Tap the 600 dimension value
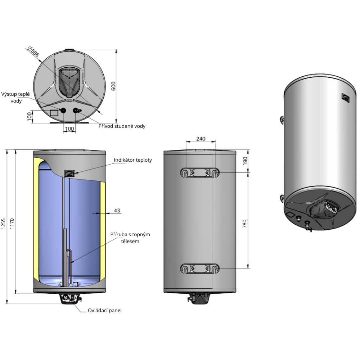click(113, 86)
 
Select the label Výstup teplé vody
click(15, 97)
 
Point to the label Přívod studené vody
click(122, 126)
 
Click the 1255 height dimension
click(4, 224)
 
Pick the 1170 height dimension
click(12, 224)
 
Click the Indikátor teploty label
click(133, 160)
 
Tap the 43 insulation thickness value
click(117, 210)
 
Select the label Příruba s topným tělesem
click(130, 238)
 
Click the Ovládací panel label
click(105, 310)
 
